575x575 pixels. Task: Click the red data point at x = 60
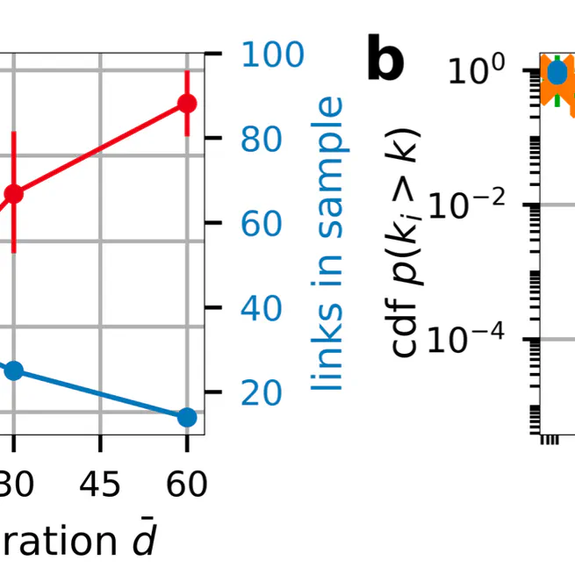pyautogui.click(x=186, y=104)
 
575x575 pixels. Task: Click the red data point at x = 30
pyautogui.click(x=13, y=193)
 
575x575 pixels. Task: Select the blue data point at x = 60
pyautogui.click(x=186, y=417)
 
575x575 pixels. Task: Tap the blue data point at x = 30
pyautogui.click(x=13, y=371)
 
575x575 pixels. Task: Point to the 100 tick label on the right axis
pyautogui.click(x=272, y=55)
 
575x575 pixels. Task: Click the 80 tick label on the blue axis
pyautogui.click(x=261, y=140)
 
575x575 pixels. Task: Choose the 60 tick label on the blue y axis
pyautogui.click(x=261, y=224)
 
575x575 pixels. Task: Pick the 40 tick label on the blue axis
pyautogui.click(x=261, y=308)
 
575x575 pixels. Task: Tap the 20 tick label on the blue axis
pyautogui.click(x=261, y=392)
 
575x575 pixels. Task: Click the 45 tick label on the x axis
pyautogui.click(x=100, y=484)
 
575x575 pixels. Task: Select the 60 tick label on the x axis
pyautogui.click(x=186, y=484)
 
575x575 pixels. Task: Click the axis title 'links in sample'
pyautogui.click(x=329, y=244)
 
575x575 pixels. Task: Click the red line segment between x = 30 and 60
pyautogui.click(x=100, y=148)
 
